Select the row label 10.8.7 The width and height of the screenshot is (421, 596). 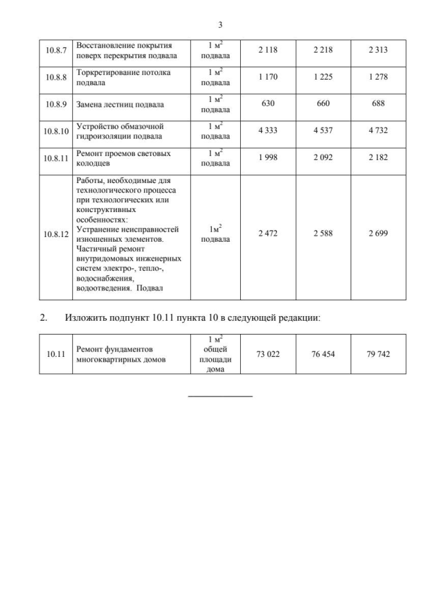(55, 51)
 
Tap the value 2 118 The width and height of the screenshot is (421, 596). (268, 51)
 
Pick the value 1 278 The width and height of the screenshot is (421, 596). (378, 78)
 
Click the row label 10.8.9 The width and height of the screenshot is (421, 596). (55, 104)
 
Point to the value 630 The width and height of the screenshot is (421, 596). (268, 104)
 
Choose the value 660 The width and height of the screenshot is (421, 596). (323, 104)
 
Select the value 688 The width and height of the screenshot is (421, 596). (378, 104)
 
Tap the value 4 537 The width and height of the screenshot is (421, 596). (323, 130)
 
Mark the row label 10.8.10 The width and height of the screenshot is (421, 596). (55, 130)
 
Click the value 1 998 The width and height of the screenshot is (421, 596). (268, 159)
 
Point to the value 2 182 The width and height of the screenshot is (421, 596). (378, 159)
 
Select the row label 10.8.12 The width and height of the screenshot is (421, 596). (55, 234)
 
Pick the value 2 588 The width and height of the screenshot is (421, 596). (323, 234)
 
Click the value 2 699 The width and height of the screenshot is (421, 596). (378, 234)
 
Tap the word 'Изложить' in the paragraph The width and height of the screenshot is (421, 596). (84, 318)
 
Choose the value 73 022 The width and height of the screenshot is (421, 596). (268, 354)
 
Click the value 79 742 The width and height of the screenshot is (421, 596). (378, 354)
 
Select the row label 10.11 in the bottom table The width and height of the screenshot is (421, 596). (55, 354)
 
